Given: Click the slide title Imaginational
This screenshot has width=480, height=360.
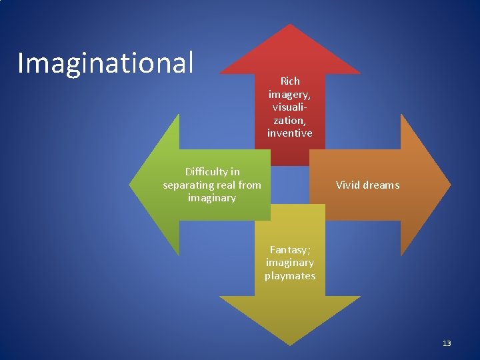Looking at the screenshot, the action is (x=105, y=63).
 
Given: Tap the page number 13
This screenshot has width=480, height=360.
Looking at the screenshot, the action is (x=447, y=343).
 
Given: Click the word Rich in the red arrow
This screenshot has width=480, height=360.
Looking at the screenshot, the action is (x=290, y=81).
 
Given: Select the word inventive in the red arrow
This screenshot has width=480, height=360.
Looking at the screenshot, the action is (x=290, y=133).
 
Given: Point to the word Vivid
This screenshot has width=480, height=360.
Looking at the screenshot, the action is (x=347, y=185).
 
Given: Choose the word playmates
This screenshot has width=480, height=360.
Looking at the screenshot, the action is (x=290, y=275).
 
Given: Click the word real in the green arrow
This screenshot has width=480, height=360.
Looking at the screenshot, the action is (x=227, y=185).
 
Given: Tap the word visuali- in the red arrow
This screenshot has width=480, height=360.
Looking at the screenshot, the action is (x=290, y=107).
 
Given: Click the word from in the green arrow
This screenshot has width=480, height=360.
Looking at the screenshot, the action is (x=250, y=185).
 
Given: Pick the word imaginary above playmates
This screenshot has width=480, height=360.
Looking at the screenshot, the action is (x=290, y=263).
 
